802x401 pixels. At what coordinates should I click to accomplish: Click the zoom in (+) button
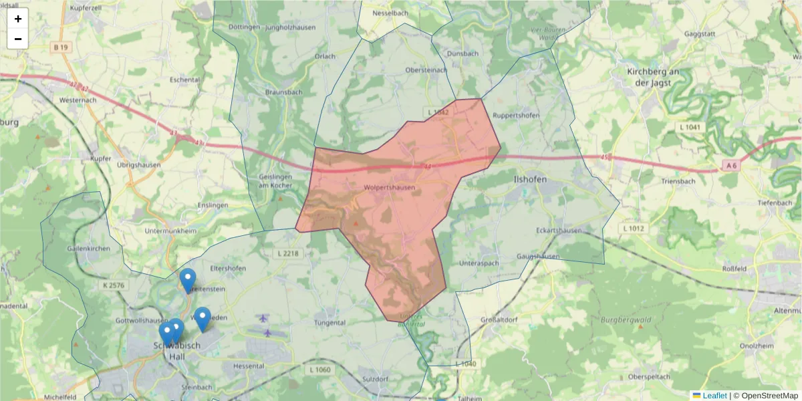[18, 19]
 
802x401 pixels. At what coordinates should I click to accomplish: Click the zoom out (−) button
[18, 39]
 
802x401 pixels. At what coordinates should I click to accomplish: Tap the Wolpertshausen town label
[390, 188]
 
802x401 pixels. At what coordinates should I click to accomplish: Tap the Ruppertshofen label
[516, 114]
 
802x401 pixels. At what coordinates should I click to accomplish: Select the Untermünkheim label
[170, 231]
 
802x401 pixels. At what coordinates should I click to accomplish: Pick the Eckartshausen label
[559, 231]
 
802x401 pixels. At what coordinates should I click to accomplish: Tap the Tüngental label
[329, 322]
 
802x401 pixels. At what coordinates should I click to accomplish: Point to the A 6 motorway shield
[730, 165]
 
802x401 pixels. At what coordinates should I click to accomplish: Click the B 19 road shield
[61, 47]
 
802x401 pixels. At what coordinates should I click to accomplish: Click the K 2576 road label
[114, 285]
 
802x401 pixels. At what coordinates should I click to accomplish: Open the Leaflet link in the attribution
[714, 396]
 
